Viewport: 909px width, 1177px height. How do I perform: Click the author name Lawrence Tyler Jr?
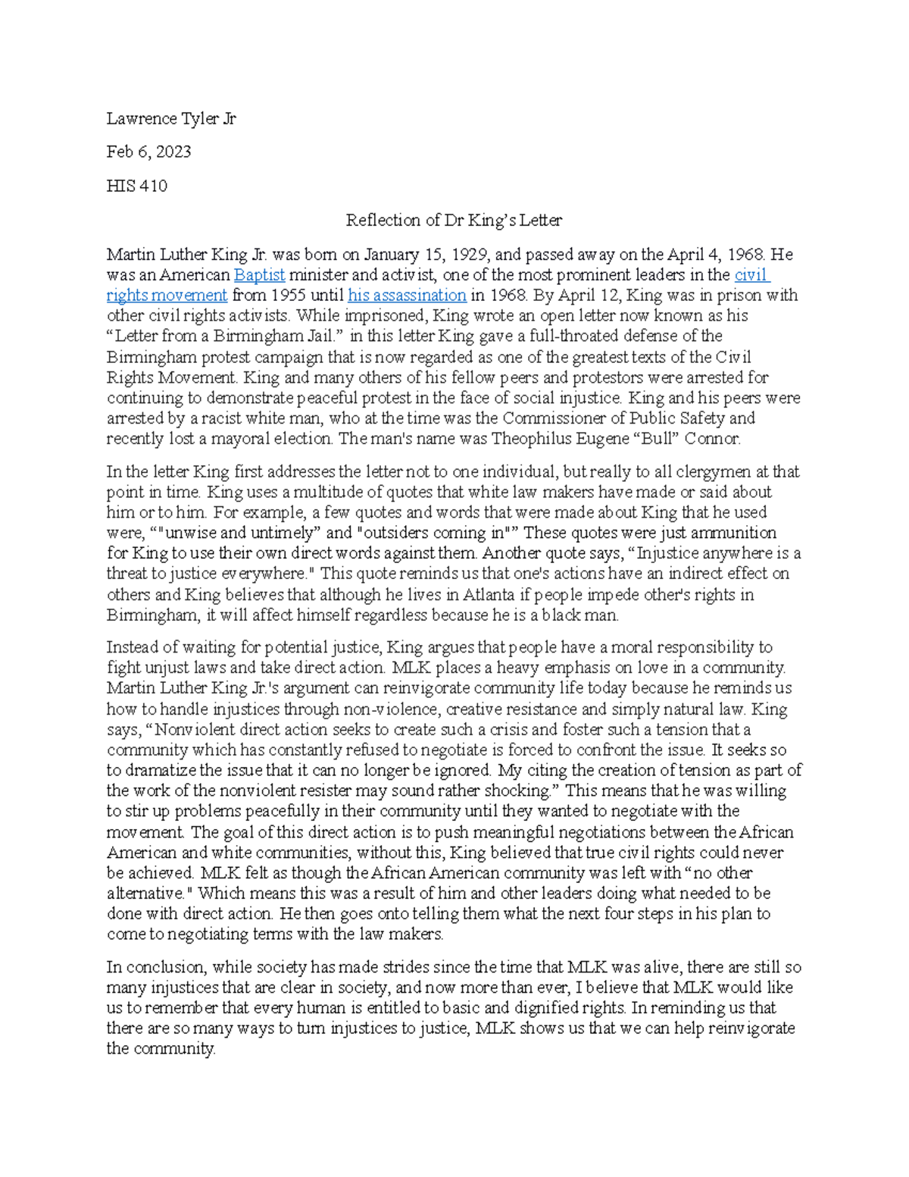tap(171, 118)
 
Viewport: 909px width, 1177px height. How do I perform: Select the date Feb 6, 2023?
tap(148, 152)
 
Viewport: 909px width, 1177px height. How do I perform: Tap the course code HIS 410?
tap(136, 186)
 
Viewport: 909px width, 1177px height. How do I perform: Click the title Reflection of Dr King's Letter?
tap(454, 221)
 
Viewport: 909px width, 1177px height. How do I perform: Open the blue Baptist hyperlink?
tap(259, 275)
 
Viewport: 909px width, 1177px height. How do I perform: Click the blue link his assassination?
tap(407, 296)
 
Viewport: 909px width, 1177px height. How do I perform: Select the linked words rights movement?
tap(167, 296)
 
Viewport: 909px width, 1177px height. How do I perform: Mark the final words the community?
tap(161, 1050)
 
